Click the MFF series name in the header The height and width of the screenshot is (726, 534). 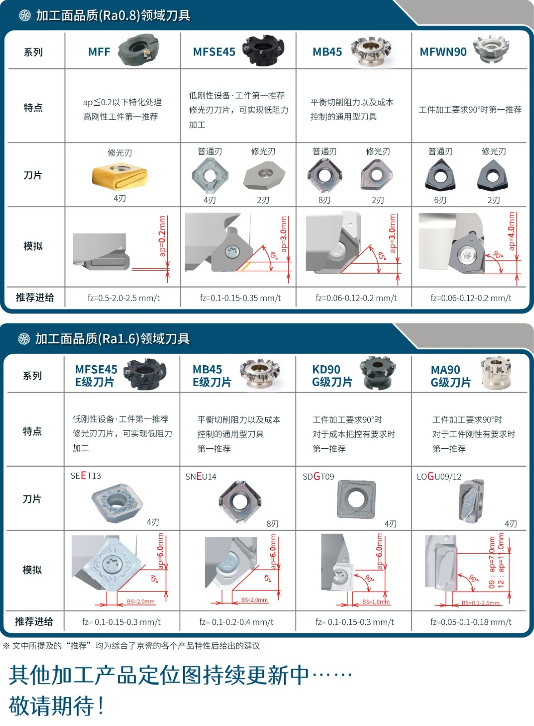click(x=99, y=52)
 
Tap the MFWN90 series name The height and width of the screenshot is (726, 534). click(x=443, y=52)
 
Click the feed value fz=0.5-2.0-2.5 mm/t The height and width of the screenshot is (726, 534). click(x=124, y=298)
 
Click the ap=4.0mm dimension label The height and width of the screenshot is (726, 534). click(x=511, y=231)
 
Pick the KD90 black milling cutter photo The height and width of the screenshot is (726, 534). click(x=378, y=373)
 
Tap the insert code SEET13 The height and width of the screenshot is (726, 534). click(x=86, y=476)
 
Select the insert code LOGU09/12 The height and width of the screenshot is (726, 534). click(x=439, y=476)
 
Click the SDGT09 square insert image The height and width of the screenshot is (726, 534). click(x=356, y=499)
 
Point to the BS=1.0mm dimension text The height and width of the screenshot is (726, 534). click(x=376, y=602)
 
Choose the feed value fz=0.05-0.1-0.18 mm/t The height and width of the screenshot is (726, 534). click(x=471, y=622)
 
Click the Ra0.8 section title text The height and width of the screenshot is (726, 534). click(x=113, y=15)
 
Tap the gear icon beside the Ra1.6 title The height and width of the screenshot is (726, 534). click(x=24, y=338)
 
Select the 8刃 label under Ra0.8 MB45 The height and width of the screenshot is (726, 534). click(x=324, y=200)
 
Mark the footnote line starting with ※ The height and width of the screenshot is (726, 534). click(x=131, y=646)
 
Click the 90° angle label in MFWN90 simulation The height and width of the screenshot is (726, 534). click(x=498, y=255)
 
